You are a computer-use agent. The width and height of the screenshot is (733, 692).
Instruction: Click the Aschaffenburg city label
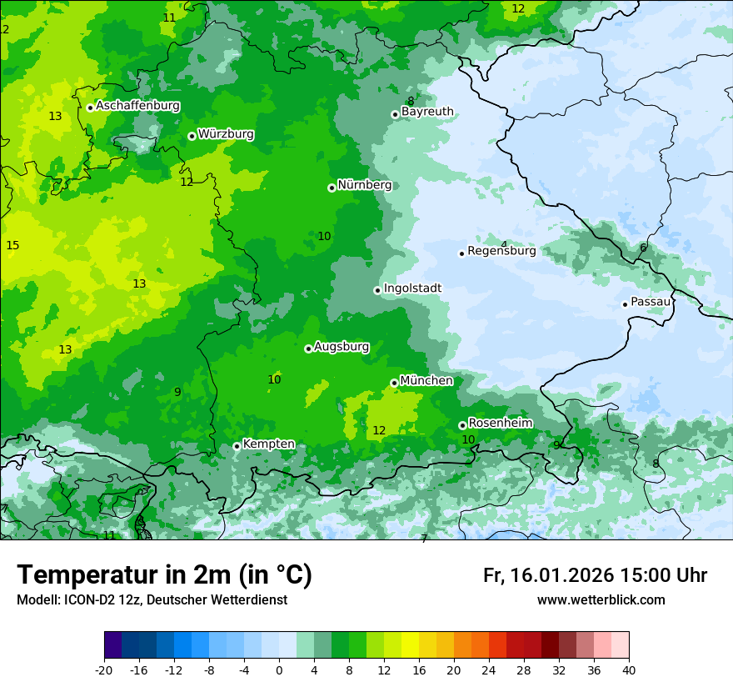137,106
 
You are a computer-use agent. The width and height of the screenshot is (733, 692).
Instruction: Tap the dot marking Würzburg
192,136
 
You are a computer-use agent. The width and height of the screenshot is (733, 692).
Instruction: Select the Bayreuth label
427,112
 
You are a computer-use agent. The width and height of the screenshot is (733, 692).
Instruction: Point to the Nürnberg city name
364,185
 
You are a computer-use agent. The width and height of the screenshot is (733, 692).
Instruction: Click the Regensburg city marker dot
461,253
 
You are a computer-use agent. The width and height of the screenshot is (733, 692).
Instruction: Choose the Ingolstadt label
412,288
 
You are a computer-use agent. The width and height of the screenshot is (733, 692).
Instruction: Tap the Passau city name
651,302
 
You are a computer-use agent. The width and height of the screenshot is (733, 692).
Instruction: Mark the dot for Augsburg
308,349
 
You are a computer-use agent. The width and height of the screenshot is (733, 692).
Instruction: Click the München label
426,381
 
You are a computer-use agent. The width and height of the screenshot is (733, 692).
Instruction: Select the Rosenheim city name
500,424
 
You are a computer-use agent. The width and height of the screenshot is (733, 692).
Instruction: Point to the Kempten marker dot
237,446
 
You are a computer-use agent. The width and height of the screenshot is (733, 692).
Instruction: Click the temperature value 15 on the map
12,245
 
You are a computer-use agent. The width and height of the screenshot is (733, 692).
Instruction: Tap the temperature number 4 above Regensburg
503,244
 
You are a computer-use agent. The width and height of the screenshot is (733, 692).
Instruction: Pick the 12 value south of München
379,430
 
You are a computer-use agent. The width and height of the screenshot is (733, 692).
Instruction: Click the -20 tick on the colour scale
104,670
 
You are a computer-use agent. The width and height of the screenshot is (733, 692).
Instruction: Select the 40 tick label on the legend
629,670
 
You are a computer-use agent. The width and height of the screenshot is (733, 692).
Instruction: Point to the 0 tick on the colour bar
279,670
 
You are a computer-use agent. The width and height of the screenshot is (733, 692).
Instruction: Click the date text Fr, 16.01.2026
548,575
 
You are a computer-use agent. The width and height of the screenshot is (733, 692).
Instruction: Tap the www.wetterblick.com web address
601,600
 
